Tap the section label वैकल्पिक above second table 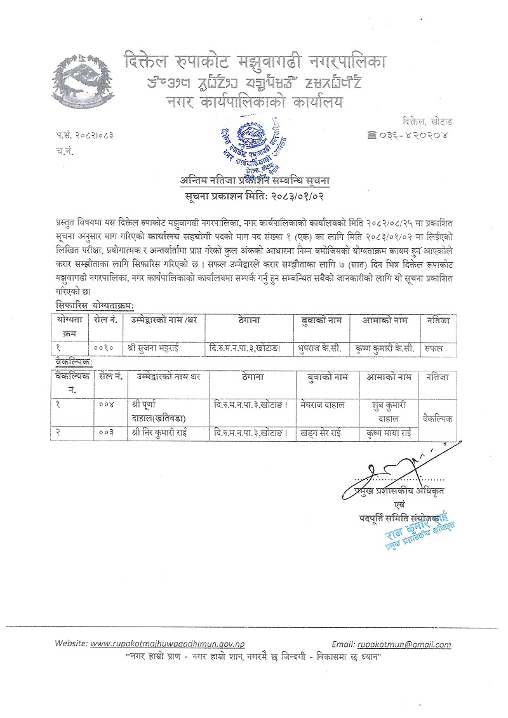(x=74, y=361)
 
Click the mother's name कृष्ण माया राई (x=389, y=432)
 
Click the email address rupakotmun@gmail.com (x=403, y=644)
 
